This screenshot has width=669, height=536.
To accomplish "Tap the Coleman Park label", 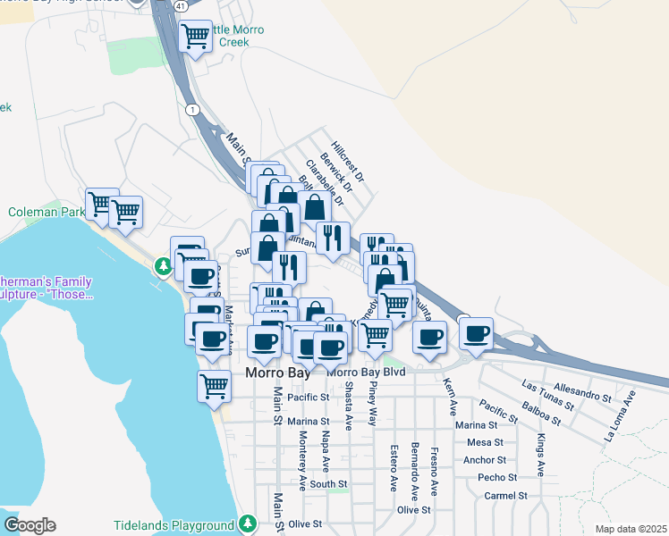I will [x=46, y=213].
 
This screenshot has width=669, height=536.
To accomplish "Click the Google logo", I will [x=30, y=524].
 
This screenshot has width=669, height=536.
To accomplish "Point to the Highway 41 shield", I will [x=182, y=5].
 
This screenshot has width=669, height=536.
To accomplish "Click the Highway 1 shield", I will [x=191, y=109].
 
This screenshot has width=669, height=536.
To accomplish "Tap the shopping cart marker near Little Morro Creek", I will [x=195, y=37].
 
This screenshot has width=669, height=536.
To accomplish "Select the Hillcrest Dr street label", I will [x=348, y=161].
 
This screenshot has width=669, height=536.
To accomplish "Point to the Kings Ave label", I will [x=541, y=456].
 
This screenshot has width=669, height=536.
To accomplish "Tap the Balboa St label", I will [x=544, y=414].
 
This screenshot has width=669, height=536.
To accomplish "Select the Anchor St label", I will [x=486, y=460].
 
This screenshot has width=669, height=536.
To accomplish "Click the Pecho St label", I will [x=492, y=477].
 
